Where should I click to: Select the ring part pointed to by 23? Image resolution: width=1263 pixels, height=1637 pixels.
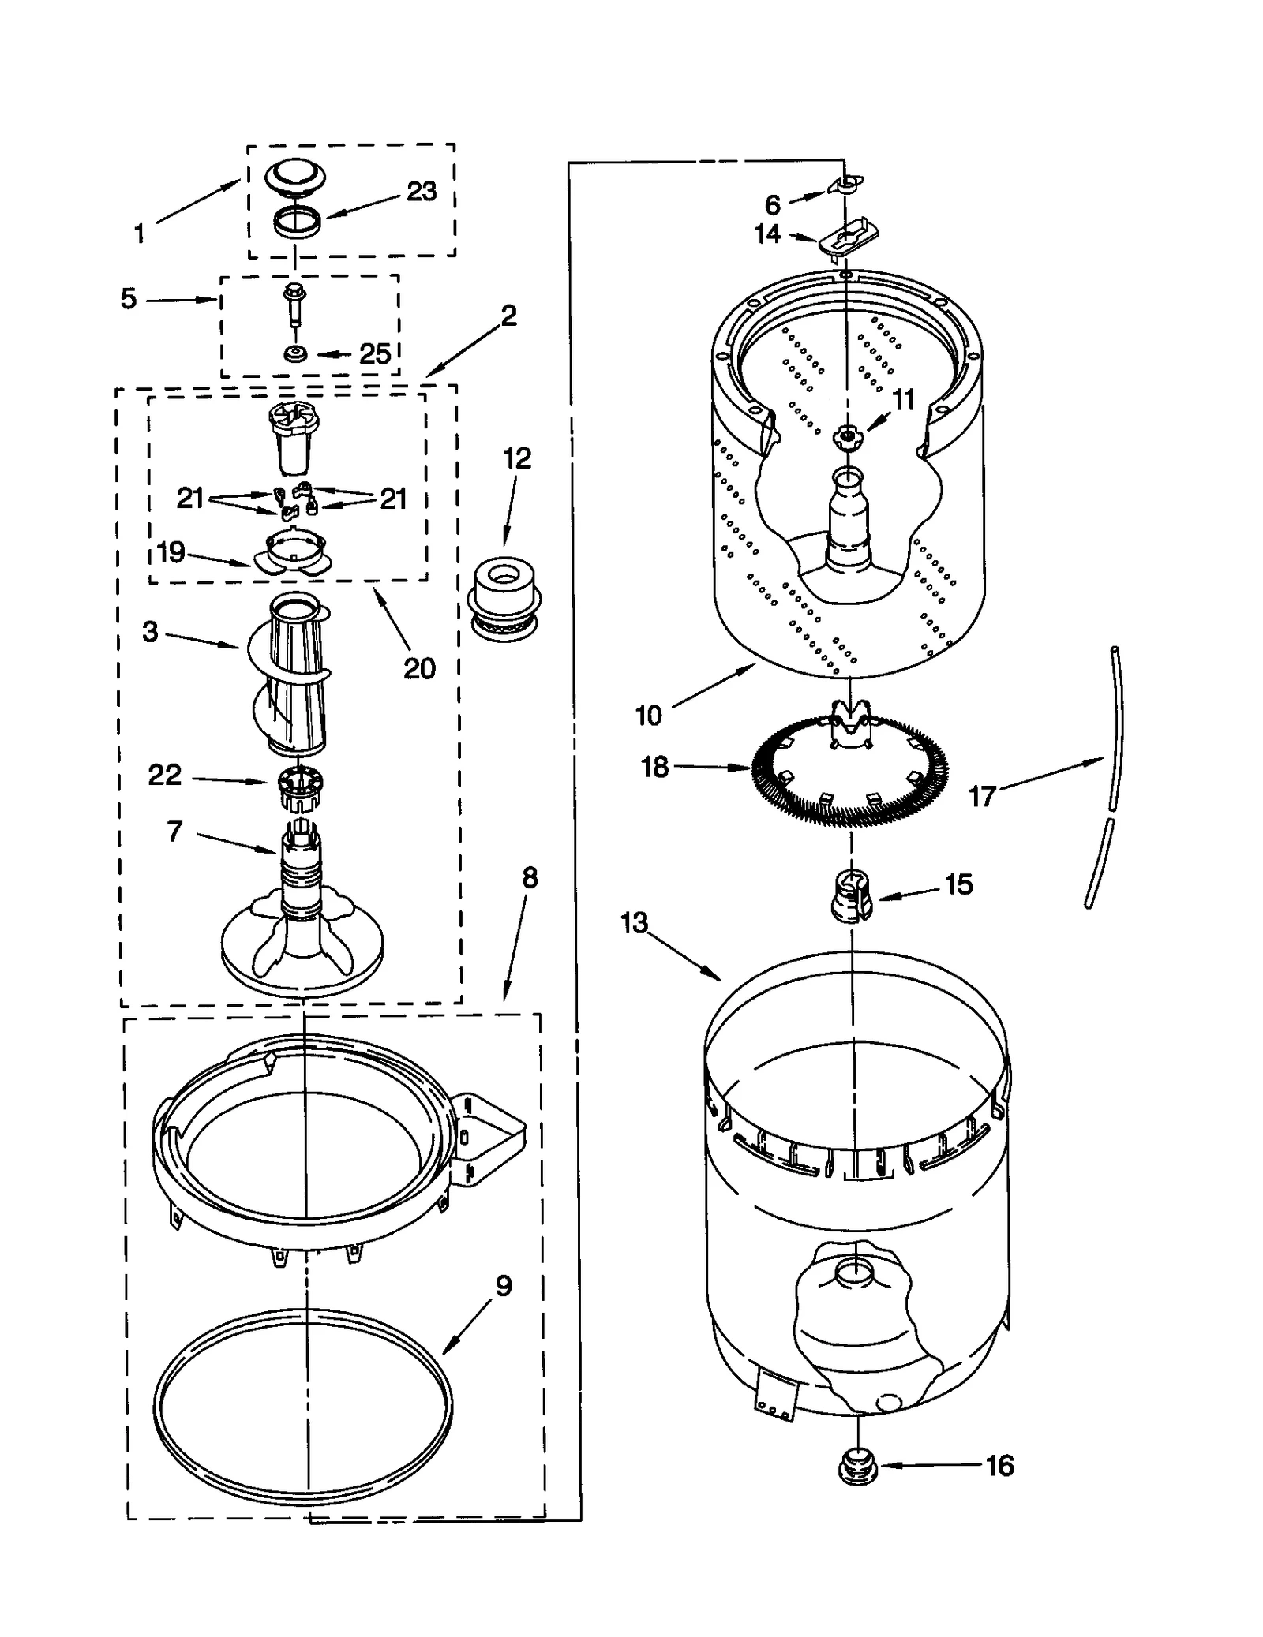pyautogui.click(x=298, y=222)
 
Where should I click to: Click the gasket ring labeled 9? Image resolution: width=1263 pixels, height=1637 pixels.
pyautogui.click(x=304, y=1407)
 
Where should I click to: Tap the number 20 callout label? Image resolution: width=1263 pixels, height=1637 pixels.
pyautogui.click(x=419, y=668)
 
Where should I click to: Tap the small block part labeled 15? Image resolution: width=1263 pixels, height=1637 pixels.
pyautogui.click(x=851, y=895)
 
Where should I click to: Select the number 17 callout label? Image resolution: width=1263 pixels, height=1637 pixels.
pyautogui.click(x=982, y=796)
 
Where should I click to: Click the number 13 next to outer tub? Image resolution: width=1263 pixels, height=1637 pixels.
pyautogui.click(x=634, y=922)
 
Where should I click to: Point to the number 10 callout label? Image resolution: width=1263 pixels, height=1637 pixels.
pyautogui.click(x=649, y=716)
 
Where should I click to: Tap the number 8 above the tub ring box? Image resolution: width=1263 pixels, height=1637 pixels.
pyautogui.click(x=529, y=878)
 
